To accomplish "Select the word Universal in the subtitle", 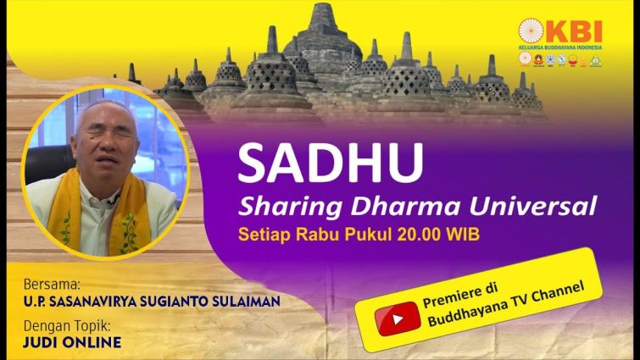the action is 533,206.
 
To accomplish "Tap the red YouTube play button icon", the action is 398,318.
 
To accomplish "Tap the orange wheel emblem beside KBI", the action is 531,31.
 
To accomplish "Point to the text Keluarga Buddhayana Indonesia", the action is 560,47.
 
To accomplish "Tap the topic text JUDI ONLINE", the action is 72,342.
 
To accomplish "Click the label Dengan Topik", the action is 67,327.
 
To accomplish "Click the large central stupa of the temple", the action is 322,45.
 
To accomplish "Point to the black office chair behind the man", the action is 48,163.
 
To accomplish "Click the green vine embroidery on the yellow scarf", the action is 130,233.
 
